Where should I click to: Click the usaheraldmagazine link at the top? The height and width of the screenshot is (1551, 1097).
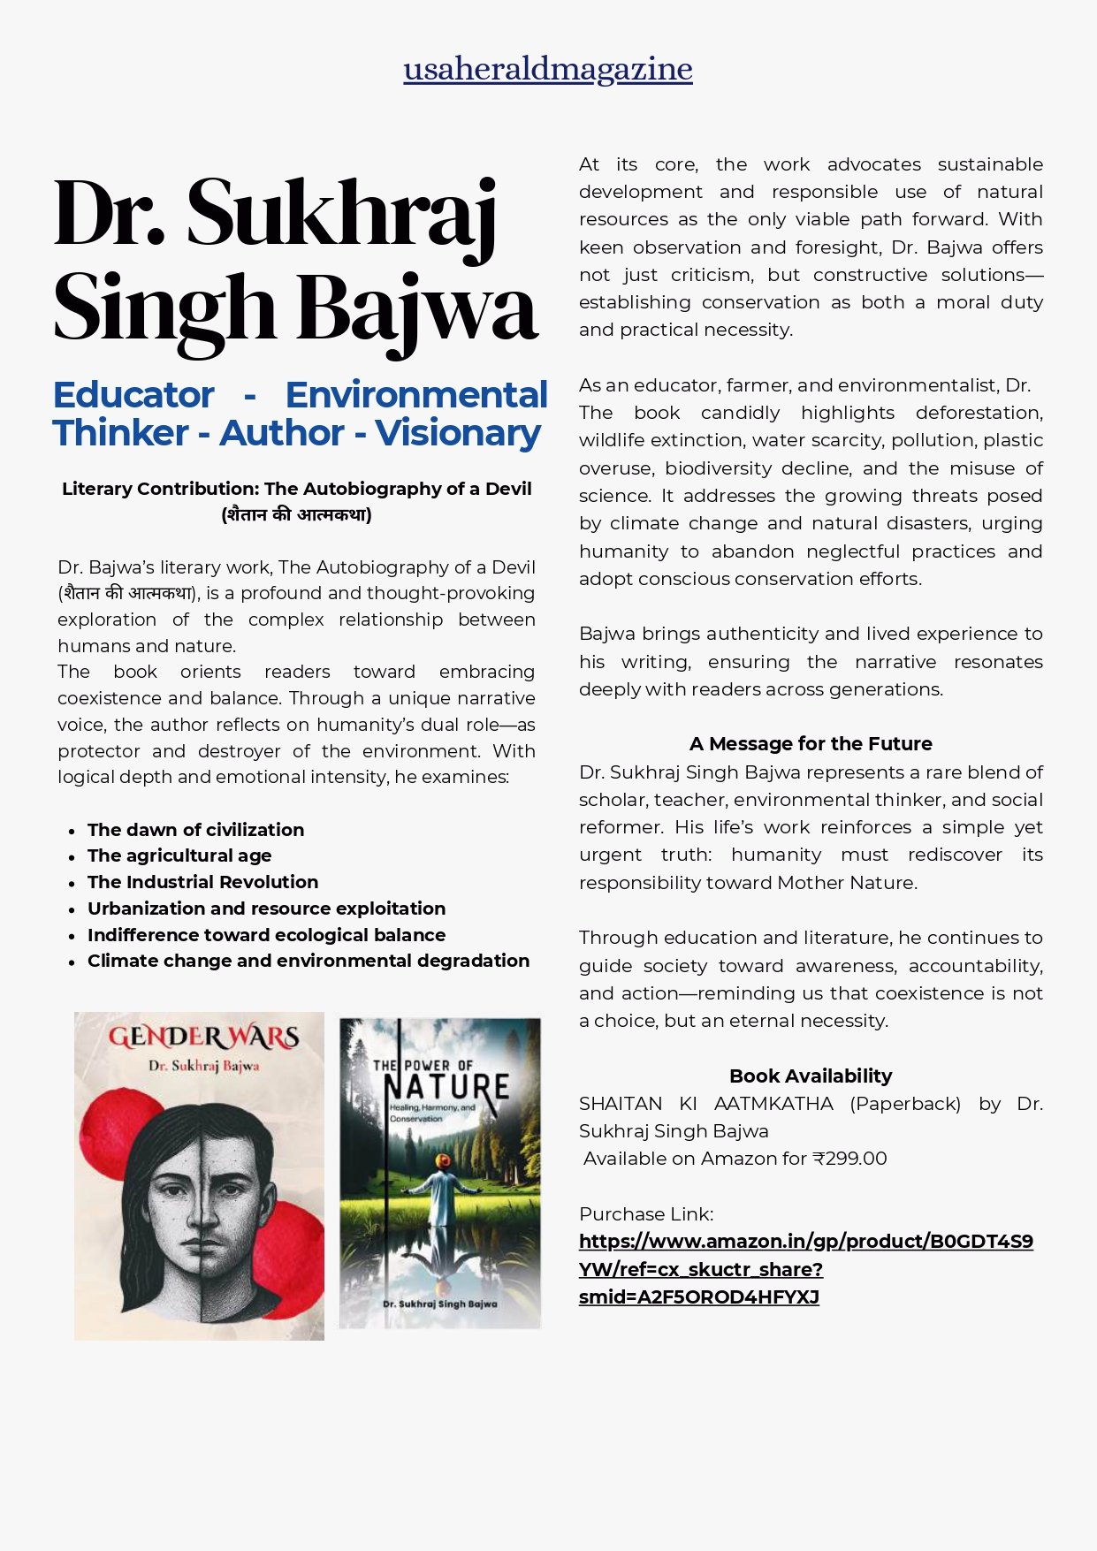pyautogui.click(x=547, y=69)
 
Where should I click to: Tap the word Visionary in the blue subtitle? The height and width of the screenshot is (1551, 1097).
pyautogui.click(x=458, y=433)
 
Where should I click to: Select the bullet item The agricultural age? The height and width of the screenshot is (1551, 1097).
pyautogui.click(x=179, y=855)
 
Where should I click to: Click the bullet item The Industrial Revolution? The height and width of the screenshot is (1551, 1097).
pyautogui.click(x=202, y=882)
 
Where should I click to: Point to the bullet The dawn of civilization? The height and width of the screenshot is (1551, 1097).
pyautogui.click(x=195, y=830)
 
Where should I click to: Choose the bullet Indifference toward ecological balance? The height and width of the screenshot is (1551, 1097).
pyautogui.click(x=266, y=935)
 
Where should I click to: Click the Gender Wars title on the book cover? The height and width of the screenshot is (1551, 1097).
pyautogui.click(x=203, y=1037)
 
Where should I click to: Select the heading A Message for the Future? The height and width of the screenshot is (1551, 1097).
pyautogui.click(x=811, y=744)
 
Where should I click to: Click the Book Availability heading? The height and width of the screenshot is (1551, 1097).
pyautogui.click(x=811, y=1076)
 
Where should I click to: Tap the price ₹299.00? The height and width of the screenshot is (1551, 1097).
pyautogui.click(x=849, y=1159)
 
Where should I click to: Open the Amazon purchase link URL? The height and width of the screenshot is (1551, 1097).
pyautogui.click(x=805, y=1269)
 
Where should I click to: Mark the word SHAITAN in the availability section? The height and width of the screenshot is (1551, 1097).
pyautogui.click(x=621, y=1104)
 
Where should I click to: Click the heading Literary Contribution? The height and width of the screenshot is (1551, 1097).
pyautogui.click(x=296, y=490)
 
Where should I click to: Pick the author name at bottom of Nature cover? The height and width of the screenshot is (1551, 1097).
pyautogui.click(x=439, y=1304)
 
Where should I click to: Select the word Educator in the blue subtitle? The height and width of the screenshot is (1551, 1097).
pyautogui.click(x=133, y=395)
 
